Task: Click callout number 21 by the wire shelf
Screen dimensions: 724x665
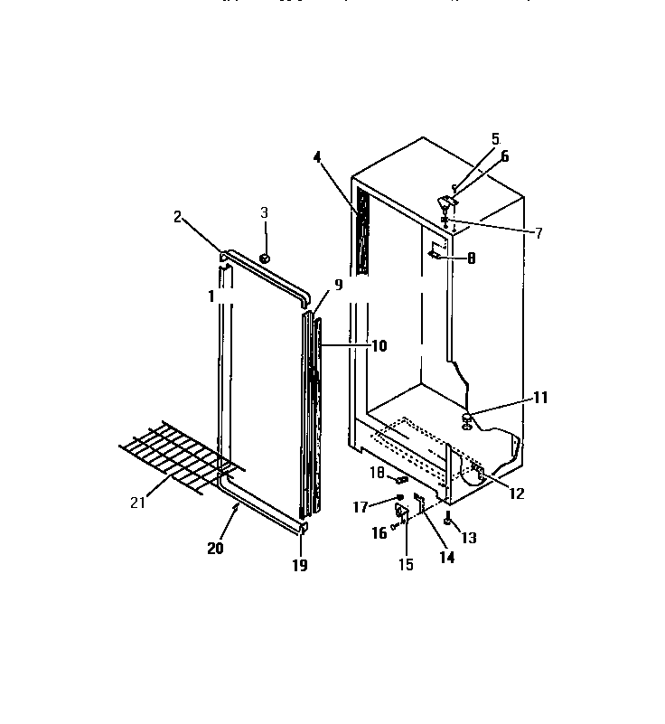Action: pyautogui.click(x=137, y=503)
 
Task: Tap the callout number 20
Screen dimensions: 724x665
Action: pyautogui.click(x=215, y=548)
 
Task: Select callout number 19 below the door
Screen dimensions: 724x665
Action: pyautogui.click(x=300, y=566)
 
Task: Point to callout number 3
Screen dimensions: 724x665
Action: pyautogui.click(x=265, y=212)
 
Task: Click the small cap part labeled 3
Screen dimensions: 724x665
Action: pyautogui.click(x=267, y=259)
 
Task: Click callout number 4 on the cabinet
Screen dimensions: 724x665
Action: pyautogui.click(x=317, y=157)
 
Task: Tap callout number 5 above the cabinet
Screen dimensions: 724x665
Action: pyautogui.click(x=495, y=138)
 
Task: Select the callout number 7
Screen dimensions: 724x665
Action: pyautogui.click(x=539, y=233)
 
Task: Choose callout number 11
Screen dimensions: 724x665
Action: pyautogui.click(x=566, y=397)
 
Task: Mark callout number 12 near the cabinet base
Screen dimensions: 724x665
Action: pyautogui.click(x=517, y=494)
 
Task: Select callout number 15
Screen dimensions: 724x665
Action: pyautogui.click(x=407, y=565)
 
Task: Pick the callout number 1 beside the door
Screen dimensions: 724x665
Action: pyautogui.click(x=211, y=296)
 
